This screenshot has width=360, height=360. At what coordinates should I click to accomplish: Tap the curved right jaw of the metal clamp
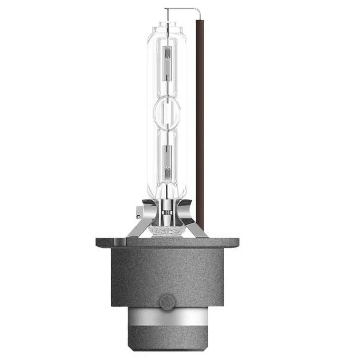pos(188,209)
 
